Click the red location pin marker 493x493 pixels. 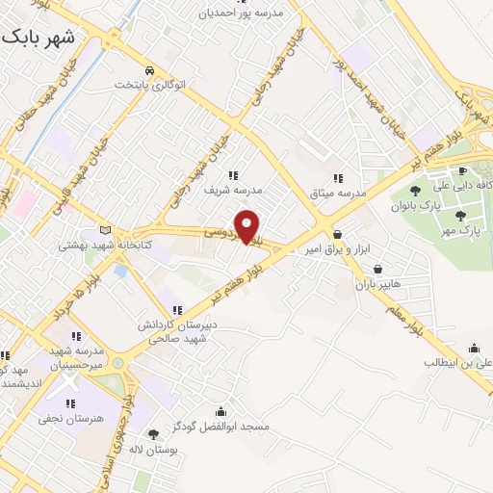point(248,226)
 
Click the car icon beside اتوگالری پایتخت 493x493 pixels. point(149,71)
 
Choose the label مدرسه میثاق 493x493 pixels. point(337,193)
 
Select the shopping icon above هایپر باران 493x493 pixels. point(376,269)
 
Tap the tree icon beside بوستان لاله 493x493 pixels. point(153,433)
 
